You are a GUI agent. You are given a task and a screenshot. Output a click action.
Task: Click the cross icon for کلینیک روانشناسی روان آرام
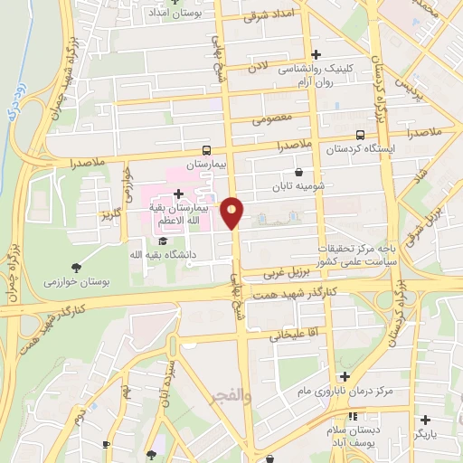coord(316,54)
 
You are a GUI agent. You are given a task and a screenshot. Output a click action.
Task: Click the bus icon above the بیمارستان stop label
coord(208,151)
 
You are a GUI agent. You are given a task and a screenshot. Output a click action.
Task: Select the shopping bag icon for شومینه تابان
coord(299,173)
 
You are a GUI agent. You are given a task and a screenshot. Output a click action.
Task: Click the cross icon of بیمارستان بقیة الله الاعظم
coord(178,194)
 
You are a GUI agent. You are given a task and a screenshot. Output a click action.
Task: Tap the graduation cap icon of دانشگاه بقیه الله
coord(163,241)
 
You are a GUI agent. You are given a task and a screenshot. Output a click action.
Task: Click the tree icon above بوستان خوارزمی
coord(75,268)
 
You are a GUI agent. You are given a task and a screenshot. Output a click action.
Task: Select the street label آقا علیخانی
coord(293,335)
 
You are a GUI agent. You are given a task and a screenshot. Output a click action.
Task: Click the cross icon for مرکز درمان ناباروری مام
coord(344,376)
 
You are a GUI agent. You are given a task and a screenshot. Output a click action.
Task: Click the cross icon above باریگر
coord(425,419)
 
